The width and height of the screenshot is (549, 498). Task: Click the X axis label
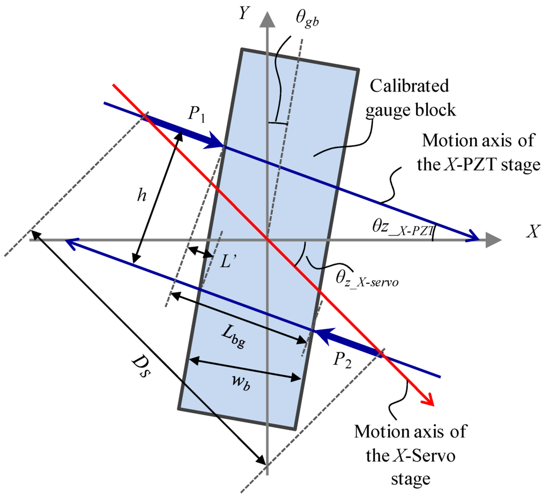533,231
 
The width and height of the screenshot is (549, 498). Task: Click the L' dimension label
228,262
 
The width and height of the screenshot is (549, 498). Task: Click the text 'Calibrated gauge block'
413,98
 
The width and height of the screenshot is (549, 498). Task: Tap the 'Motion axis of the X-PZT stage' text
479,153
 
